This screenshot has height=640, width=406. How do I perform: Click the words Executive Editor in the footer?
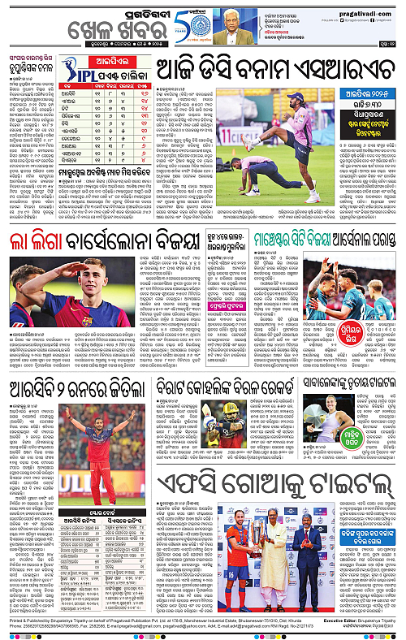click(x=322, y=620)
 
